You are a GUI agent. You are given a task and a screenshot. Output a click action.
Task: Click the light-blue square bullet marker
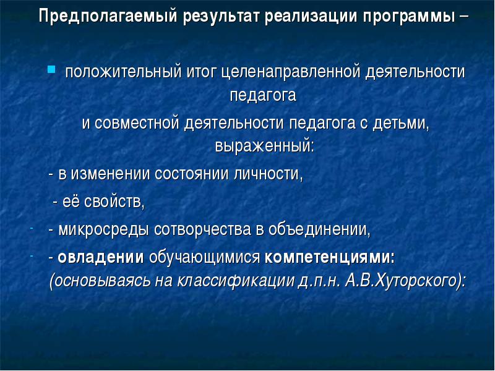point(51,69)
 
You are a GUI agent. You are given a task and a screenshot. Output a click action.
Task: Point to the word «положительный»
point(123,72)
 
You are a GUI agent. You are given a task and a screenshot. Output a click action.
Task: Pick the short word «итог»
point(202,72)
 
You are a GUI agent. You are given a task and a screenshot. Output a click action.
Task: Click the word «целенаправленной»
point(290,72)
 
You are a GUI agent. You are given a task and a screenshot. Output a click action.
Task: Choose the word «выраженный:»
point(265,147)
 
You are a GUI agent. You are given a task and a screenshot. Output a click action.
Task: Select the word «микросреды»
point(104,230)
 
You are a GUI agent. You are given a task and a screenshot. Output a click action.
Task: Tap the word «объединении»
point(319,229)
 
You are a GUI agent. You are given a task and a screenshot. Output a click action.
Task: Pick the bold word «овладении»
point(101,258)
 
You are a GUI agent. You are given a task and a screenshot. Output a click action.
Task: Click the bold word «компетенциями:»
point(330,258)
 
